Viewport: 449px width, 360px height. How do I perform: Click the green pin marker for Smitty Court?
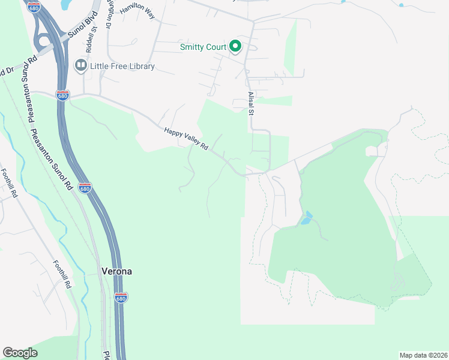[236, 47]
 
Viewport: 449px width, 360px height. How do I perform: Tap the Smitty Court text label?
[203, 47]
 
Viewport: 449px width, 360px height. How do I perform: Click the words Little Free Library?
[122, 66]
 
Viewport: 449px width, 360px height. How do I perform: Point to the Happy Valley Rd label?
[185, 139]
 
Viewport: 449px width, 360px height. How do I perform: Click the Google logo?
[20, 352]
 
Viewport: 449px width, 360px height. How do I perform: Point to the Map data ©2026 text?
[423, 355]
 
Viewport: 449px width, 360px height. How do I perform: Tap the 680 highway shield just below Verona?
[121, 298]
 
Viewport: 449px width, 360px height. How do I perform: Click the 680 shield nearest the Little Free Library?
[62, 95]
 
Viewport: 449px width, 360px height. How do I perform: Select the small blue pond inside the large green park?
[307, 218]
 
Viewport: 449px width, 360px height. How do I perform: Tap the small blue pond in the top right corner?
[401, 4]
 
